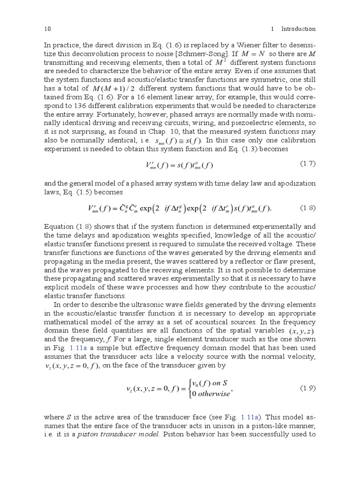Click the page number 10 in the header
tap(47, 29)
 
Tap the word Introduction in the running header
tap(298, 29)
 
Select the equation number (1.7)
tap(307, 164)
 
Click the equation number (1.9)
tap(307, 388)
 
